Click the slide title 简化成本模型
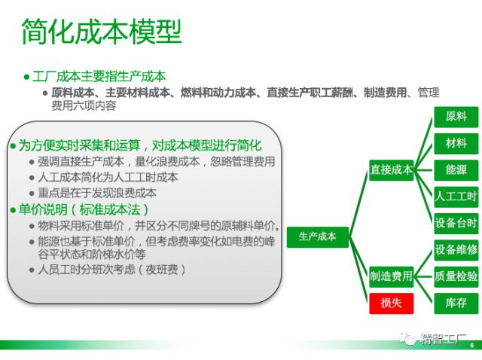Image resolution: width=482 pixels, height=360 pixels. coord(102,32)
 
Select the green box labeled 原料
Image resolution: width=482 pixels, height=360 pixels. coord(456,117)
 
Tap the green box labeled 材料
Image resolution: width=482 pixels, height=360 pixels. coord(456,144)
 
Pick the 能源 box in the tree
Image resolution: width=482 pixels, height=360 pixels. coord(456,170)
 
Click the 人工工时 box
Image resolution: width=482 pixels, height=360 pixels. coord(456,197)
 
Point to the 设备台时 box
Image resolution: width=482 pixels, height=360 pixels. coord(456,224)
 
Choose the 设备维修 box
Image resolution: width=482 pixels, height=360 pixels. coord(456,250)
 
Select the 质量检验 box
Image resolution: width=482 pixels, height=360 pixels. coord(456,276)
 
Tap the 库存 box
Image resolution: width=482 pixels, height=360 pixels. coord(456,304)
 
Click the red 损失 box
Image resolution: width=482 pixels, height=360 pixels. coord(392,304)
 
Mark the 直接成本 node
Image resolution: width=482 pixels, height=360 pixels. coord(392,170)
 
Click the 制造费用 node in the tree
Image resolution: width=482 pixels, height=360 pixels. coord(392,276)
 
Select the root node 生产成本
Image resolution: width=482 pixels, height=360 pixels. coord(318,237)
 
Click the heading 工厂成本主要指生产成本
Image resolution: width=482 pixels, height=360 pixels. coord(99,77)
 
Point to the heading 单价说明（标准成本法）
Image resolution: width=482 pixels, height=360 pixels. coord(84,210)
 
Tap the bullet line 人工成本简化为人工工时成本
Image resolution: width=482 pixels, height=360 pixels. coord(108,178)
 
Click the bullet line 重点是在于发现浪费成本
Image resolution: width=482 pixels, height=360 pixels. coord(97,193)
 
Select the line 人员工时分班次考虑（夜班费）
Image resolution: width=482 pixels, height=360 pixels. coord(112,270)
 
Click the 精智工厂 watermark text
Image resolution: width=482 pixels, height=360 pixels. coord(443,340)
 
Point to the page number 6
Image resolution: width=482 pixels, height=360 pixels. coord(472,346)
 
